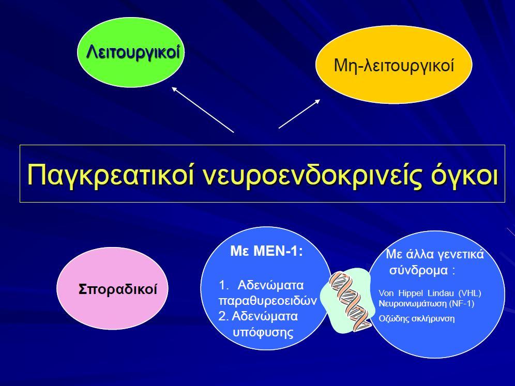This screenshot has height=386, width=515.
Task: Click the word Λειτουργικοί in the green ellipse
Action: tap(133, 52)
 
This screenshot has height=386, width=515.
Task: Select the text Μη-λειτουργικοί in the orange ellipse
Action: tap(394, 65)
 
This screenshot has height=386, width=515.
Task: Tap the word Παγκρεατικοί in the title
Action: tap(110, 174)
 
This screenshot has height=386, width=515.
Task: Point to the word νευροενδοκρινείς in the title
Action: tap(312, 174)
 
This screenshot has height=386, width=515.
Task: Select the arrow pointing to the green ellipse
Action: tap(203, 110)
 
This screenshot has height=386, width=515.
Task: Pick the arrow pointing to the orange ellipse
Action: tap(299, 114)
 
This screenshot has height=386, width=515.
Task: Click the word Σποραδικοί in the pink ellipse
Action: tap(117, 289)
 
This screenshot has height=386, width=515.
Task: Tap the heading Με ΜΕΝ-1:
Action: tap(266, 252)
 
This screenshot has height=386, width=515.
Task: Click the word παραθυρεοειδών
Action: tap(267, 301)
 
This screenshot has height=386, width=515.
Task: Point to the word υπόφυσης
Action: tap(263, 332)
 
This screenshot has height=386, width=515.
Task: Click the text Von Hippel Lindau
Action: tap(416, 293)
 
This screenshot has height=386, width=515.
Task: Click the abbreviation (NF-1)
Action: tap(462, 304)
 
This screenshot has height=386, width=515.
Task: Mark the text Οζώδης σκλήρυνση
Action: tap(416, 319)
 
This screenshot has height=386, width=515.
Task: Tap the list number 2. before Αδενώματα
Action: tap(223, 316)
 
